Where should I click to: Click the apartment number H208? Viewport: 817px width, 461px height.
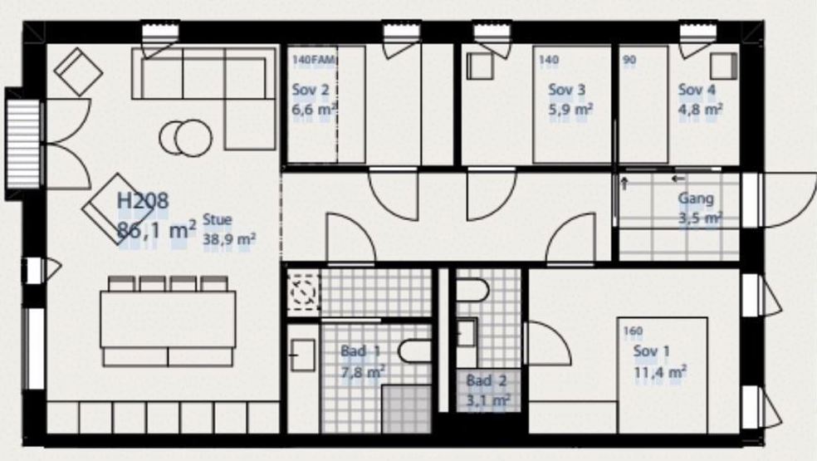coord(143,201)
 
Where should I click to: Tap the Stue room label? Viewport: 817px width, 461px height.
coord(217,220)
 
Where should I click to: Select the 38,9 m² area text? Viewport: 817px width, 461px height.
coord(228,240)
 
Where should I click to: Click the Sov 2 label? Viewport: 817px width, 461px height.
coord(311,90)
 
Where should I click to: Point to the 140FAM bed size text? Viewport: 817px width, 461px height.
coord(314,60)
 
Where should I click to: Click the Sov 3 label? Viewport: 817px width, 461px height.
coord(566,90)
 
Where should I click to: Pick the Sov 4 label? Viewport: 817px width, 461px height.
coord(697,90)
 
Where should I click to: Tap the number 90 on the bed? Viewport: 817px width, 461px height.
coord(629,60)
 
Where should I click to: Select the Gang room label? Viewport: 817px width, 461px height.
coord(696,199)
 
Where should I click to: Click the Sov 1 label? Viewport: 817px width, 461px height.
coord(651,351)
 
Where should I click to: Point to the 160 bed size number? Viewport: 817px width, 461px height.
coord(633,331)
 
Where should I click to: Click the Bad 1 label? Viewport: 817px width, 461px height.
coord(360,351)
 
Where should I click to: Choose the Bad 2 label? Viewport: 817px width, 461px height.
coord(487,380)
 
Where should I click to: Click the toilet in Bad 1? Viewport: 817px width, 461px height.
coord(415,351)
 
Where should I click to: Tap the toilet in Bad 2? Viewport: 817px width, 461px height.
coord(473,291)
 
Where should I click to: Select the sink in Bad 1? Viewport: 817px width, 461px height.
coord(303,356)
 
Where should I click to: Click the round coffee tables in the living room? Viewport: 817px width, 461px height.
coord(186,138)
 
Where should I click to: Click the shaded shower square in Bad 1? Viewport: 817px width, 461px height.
coord(407,409)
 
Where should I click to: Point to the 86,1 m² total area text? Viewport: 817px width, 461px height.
coord(157,229)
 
